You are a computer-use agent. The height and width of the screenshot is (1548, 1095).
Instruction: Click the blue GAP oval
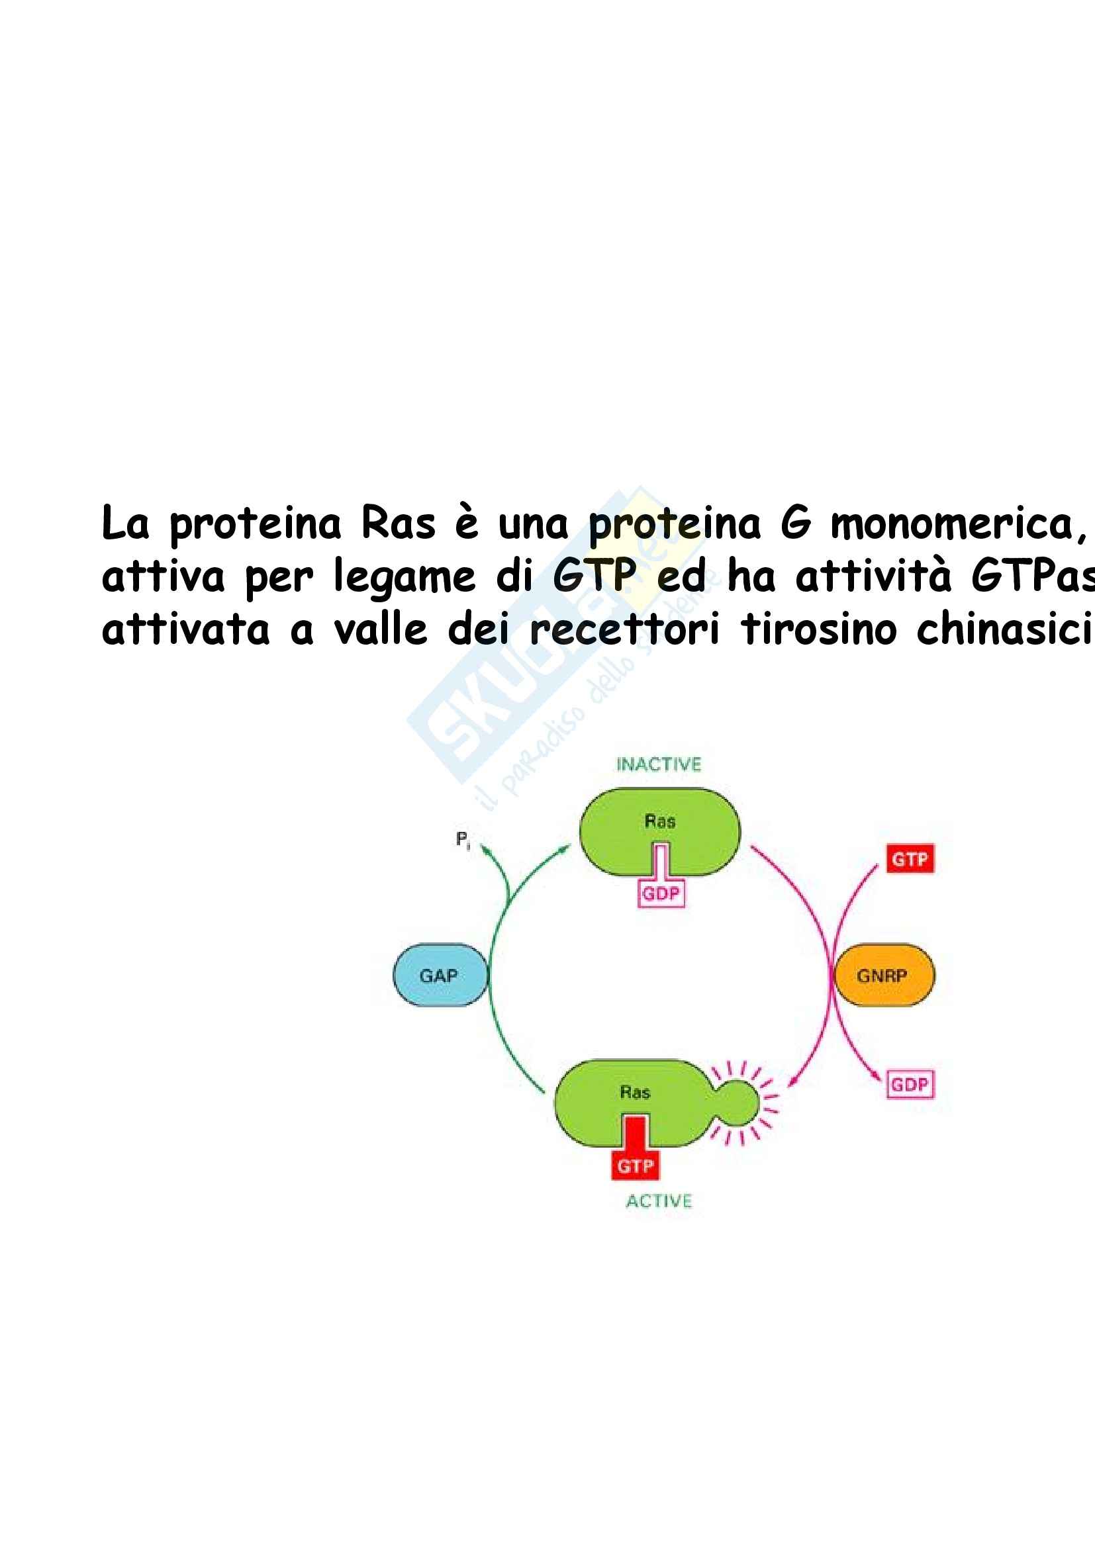tap(440, 975)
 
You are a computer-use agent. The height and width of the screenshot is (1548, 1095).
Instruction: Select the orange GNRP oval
tap(884, 975)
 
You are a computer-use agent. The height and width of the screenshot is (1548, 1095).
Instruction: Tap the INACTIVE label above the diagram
tap(658, 764)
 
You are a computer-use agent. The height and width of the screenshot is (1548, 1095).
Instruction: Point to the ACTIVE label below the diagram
tap(659, 1201)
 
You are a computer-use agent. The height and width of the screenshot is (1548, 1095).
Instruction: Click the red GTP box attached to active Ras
tap(635, 1165)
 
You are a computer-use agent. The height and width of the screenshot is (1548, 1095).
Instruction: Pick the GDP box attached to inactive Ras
tap(661, 894)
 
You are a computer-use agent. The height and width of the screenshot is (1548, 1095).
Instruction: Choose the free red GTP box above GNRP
tap(910, 859)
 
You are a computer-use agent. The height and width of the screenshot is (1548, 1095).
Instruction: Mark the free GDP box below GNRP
tap(910, 1085)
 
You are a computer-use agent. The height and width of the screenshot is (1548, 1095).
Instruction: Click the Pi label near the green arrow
tap(463, 840)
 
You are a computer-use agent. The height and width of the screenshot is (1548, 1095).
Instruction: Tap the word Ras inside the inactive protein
tap(659, 821)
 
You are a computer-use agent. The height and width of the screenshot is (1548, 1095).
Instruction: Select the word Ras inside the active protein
tap(634, 1092)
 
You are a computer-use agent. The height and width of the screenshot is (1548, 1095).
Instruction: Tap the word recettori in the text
tap(624, 629)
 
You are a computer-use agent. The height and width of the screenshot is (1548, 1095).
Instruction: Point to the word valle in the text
tap(381, 629)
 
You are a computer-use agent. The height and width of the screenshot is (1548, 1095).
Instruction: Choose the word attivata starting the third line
tap(185, 629)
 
